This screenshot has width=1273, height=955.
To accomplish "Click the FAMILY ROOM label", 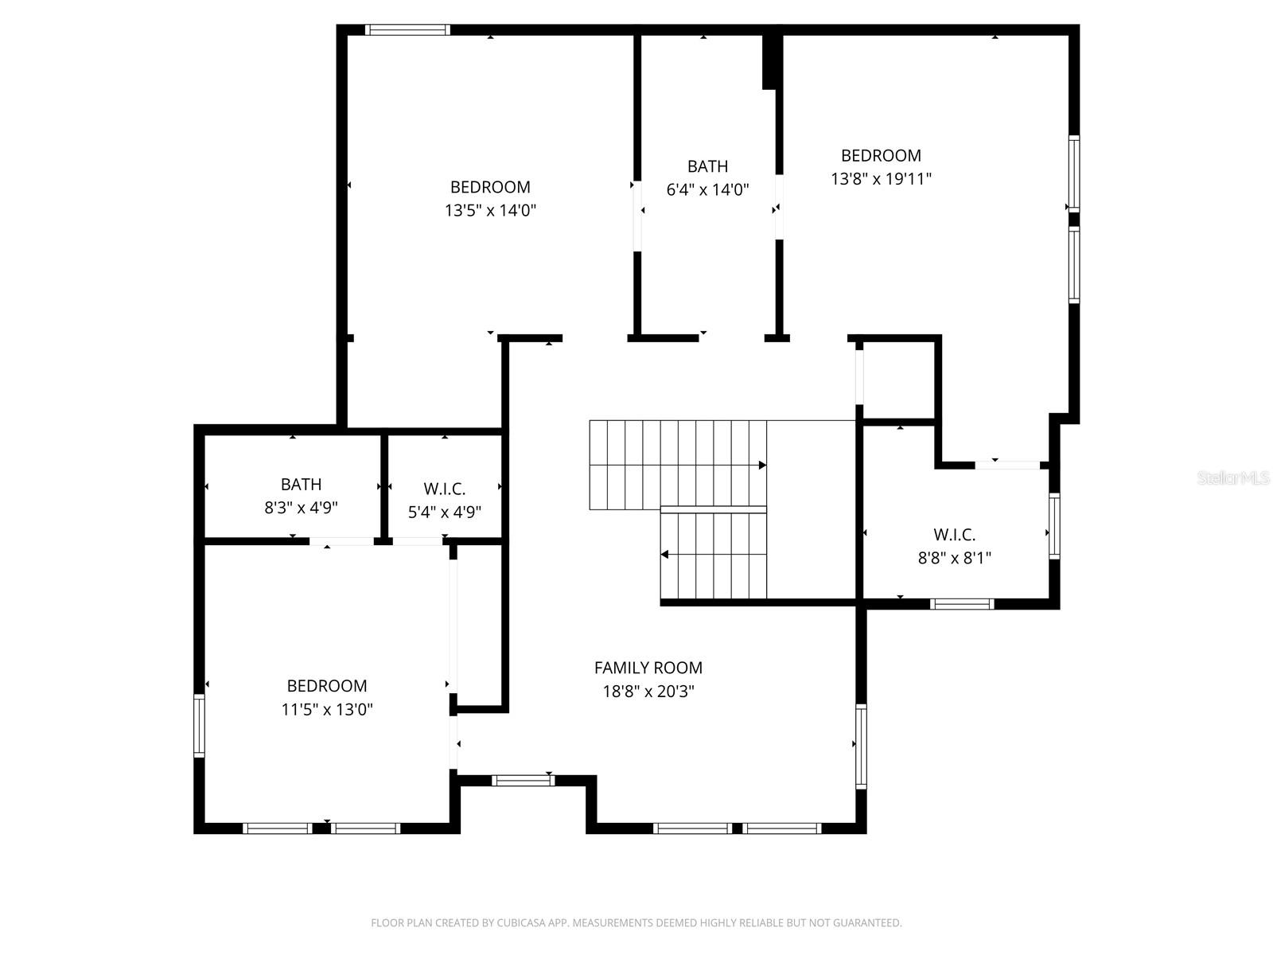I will pyautogui.click(x=648, y=668).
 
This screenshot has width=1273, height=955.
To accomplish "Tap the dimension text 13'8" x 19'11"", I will pyautogui.click(x=881, y=179).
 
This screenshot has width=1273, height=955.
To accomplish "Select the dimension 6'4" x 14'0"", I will pyautogui.click(x=707, y=190).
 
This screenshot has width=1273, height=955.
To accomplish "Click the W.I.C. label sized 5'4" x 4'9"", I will pyautogui.click(x=444, y=489).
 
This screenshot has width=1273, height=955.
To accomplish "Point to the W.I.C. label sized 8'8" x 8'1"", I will pyautogui.click(x=954, y=535).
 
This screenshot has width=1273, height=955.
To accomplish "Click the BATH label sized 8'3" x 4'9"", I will pyautogui.click(x=301, y=484).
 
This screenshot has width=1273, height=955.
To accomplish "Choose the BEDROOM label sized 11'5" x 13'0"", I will pyautogui.click(x=326, y=686).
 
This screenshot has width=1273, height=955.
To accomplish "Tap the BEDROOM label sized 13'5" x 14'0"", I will pyautogui.click(x=490, y=187).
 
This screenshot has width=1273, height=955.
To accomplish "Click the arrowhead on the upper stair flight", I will pyautogui.click(x=762, y=465).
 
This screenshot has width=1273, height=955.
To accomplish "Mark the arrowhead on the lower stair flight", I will pyautogui.click(x=665, y=555).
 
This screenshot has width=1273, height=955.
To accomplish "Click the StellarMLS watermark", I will pyautogui.click(x=1232, y=478).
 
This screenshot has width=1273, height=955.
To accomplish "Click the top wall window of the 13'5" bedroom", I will pyautogui.click(x=407, y=30).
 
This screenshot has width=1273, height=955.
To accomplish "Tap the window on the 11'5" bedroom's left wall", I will pyautogui.click(x=199, y=725).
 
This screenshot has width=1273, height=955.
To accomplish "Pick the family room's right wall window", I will pyautogui.click(x=861, y=746).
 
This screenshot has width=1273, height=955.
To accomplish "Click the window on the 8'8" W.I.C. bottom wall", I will pyautogui.click(x=962, y=604).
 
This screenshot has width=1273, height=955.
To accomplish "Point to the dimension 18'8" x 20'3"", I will pyautogui.click(x=648, y=692).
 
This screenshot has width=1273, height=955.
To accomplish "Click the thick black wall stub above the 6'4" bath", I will pyautogui.click(x=769, y=60).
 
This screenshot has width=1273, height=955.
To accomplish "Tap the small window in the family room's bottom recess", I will pyautogui.click(x=523, y=781).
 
